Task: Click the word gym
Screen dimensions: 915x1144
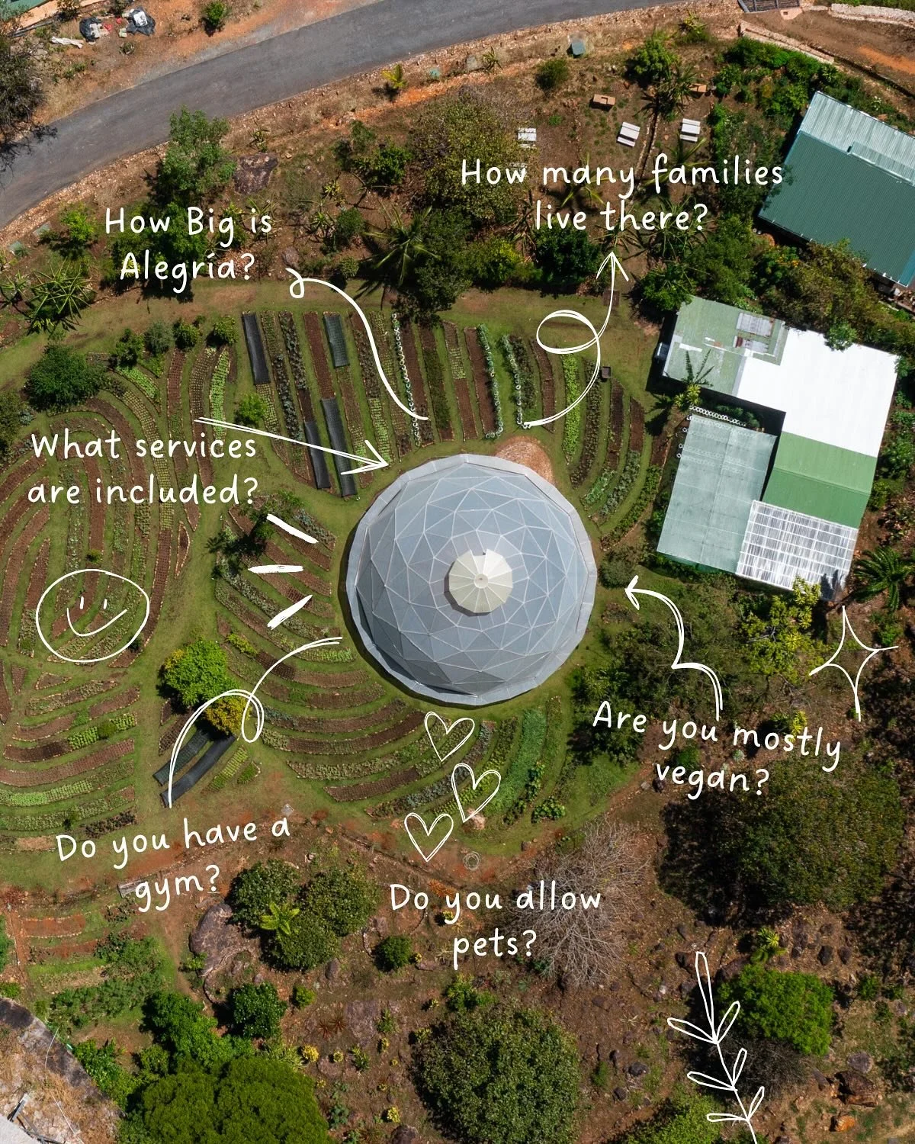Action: tap(176, 885)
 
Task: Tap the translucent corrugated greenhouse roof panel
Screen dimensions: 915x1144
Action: tap(797, 541)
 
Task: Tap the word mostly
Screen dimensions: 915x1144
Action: tap(785, 740)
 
